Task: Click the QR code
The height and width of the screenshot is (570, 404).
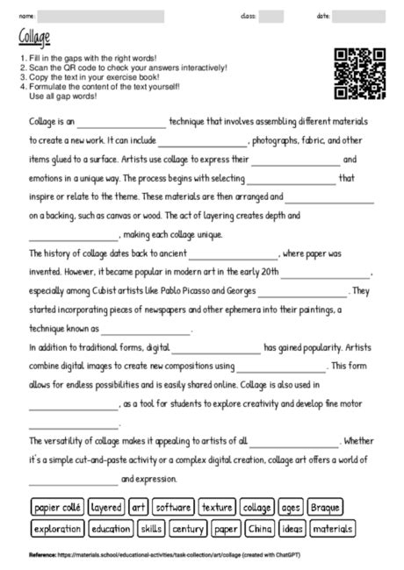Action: (360, 74)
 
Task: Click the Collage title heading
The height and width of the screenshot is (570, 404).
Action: (34, 37)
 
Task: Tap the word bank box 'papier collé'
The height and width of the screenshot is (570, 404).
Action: (57, 507)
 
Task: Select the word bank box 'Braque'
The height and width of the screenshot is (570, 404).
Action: (324, 507)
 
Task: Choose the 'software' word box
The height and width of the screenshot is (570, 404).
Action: (174, 507)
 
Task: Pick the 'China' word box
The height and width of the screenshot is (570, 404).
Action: (260, 529)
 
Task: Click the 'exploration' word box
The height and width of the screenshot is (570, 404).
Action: (57, 529)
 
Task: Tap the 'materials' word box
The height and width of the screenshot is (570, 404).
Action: (332, 529)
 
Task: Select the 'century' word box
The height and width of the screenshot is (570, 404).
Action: (188, 529)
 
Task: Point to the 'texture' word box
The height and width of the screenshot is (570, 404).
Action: (216, 507)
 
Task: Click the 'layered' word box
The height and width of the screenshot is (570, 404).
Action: (106, 507)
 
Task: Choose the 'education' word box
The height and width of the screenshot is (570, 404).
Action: (110, 529)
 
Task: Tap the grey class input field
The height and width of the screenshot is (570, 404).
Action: (271, 16)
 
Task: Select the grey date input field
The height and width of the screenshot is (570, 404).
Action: (358, 16)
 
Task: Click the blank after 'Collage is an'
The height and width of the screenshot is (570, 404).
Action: (121, 122)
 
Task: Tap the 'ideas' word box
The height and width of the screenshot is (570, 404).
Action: (292, 529)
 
